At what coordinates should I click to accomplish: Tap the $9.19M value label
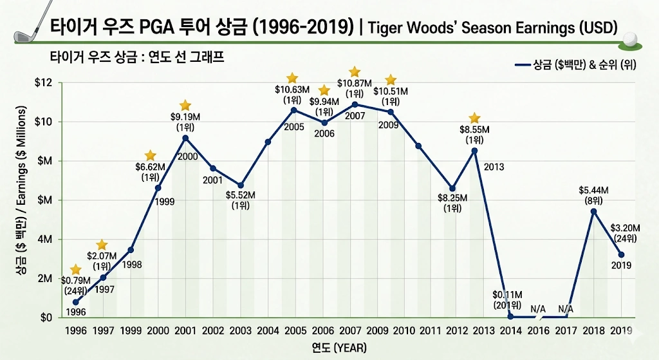pos(185,122)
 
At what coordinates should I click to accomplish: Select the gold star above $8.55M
pos(474,118)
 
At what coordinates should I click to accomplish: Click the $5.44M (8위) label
pos(593,194)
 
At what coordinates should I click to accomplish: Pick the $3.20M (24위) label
pos(622,232)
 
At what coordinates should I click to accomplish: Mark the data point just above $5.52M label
pos(240,185)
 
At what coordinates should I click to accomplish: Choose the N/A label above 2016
pos(539,309)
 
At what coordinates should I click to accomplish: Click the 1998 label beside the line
pos(131,265)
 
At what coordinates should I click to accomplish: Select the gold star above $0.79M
pos(76,269)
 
